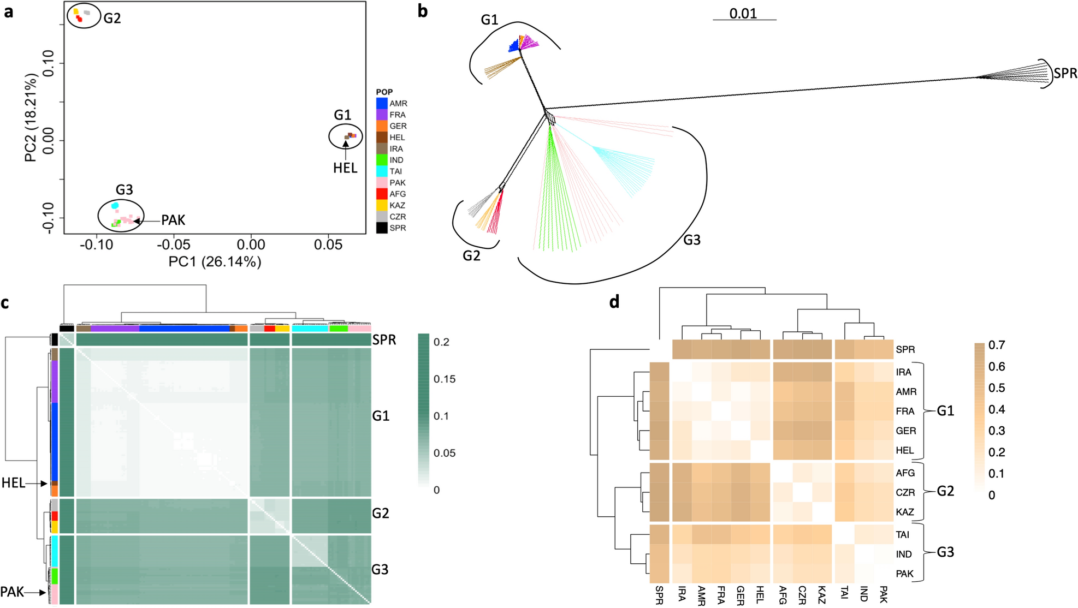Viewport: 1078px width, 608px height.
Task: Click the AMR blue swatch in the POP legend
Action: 382,103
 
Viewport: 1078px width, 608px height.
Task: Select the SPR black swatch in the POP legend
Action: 382,228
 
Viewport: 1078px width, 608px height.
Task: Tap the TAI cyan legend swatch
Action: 382,171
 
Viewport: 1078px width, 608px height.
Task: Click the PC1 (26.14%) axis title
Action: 215,262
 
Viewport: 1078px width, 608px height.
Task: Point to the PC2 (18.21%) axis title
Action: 31,118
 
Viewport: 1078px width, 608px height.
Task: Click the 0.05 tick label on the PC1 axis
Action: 328,245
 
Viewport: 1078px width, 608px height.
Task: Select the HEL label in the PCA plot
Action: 345,168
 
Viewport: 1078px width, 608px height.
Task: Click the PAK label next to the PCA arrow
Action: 173,220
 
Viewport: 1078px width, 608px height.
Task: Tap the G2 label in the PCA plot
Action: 112,19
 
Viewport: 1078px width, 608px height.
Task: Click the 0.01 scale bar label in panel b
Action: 743,13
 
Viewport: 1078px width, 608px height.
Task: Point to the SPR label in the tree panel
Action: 1065,74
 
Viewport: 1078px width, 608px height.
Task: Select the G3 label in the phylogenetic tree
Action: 692,240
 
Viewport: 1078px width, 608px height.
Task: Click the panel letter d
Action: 614,302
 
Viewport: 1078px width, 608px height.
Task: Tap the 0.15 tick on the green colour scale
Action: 445,379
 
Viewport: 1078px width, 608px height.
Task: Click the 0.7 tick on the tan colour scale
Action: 997,345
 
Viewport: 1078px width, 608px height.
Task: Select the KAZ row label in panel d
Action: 905,512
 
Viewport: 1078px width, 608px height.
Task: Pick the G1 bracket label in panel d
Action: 945,411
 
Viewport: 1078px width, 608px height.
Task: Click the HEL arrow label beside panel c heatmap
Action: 13,483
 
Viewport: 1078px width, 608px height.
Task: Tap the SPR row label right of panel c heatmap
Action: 384,340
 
